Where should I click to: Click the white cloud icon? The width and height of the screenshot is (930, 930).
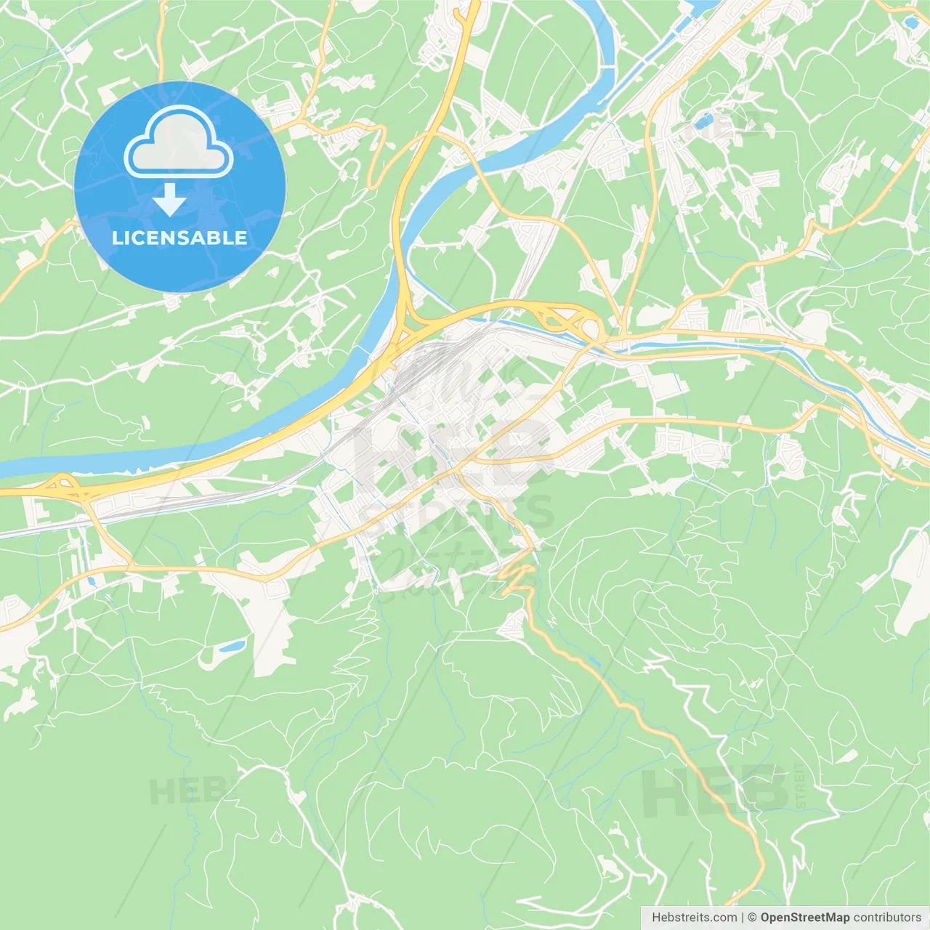179,143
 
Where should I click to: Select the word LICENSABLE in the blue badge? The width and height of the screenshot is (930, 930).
179,238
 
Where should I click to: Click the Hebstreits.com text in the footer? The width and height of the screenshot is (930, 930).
694,918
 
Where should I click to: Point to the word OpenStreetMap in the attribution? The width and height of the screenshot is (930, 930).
805,918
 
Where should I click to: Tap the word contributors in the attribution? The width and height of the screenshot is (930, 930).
887,918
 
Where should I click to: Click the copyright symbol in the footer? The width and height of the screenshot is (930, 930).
753,918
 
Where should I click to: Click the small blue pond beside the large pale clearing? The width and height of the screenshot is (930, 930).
232,646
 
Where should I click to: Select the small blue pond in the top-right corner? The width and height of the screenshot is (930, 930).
910,23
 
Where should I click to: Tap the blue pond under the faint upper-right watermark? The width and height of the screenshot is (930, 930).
703,121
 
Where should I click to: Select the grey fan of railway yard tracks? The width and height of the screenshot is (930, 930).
429,363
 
